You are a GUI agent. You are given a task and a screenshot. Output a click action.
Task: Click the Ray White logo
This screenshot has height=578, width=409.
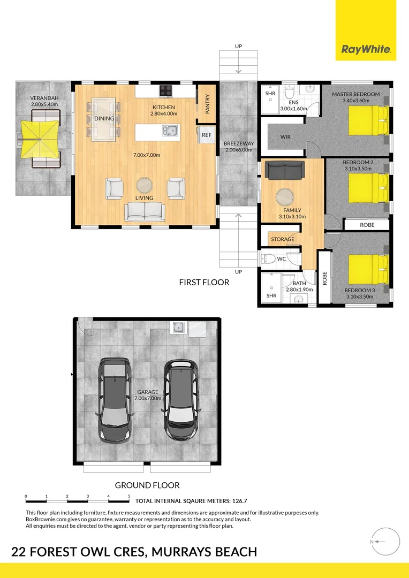click(366, 30)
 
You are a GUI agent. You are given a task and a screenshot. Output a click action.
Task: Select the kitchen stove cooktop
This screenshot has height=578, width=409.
click(165, 90)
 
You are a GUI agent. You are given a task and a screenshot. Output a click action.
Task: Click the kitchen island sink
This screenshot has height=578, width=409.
click(170, 131)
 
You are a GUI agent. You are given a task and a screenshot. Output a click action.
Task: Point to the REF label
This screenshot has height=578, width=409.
click(207, 135)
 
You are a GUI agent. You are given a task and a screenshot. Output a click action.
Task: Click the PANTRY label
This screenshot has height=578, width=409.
click(207, 104)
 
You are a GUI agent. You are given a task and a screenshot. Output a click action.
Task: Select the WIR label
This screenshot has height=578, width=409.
click(285, 137)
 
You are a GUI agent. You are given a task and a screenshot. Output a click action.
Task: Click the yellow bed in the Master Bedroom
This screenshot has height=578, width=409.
click(368, 120)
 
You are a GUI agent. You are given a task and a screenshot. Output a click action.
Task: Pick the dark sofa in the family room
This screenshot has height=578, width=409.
click(285, 170)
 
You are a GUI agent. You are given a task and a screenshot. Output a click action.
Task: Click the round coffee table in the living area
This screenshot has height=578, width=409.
click(144, 185)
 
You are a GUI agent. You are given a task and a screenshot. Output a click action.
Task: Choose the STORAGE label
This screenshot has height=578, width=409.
click(283, 239)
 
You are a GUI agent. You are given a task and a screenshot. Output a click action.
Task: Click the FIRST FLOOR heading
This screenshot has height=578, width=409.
click(204, 283)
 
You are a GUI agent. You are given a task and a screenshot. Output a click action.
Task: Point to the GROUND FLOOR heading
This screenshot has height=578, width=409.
click(147, 485)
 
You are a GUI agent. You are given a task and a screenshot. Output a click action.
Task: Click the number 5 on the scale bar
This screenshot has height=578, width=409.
click(129, 496)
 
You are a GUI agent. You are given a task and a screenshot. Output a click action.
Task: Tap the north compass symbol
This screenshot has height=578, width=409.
click(385, 542)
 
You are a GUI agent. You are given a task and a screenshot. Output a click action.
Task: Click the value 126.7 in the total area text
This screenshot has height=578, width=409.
click(240, 501)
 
